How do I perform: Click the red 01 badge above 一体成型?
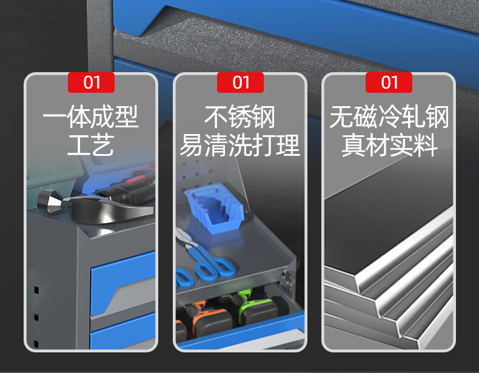click(x=91, y=82)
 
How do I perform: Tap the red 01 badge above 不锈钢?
click(x=240, y=82)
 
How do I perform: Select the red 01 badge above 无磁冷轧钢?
click(x=389, y=82)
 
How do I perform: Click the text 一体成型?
click(x=91, y=116)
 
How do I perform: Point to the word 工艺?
click(x=91, y=145)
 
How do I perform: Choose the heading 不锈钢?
click(x=240, y=116)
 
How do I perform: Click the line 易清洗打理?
click(x=240, y=145)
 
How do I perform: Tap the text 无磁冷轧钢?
click(x=389, y=116)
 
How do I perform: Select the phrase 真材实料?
click(x=389, y=145)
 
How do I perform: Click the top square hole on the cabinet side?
click(x=36, y=289)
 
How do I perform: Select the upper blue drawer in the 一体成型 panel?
click(x=122, y=283)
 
